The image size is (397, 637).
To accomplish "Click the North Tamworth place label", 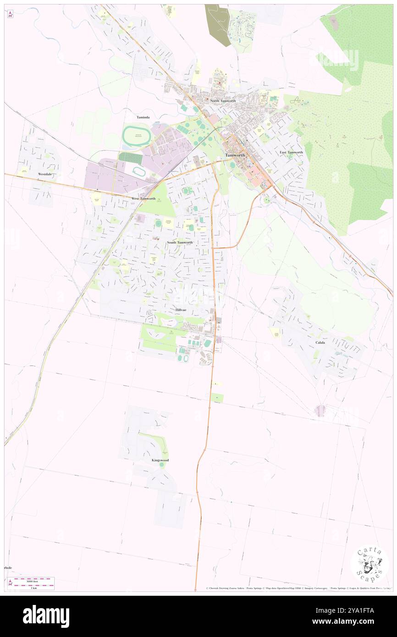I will [223, 100].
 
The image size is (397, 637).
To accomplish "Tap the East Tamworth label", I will [291, 152].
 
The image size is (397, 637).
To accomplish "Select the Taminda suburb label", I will [143, 117].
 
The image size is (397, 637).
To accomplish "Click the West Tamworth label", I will [143, 198].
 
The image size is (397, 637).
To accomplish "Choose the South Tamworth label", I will [180, 242].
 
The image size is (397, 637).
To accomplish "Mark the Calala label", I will [320, 342].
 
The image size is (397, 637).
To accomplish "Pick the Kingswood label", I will [160, 460].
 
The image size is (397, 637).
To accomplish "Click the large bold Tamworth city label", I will [235, 155].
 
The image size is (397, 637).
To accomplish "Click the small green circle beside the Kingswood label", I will [161, 465].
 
